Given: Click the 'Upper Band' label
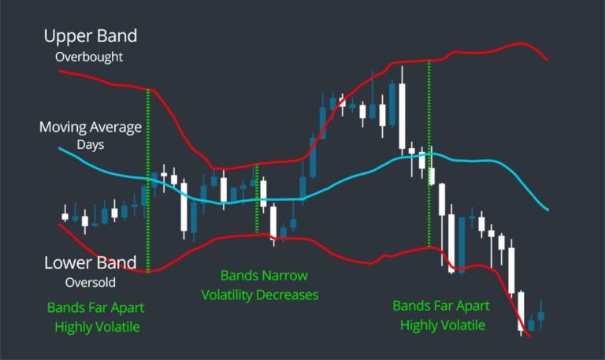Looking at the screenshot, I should tap(90, 36).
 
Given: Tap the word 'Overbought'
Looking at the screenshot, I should tap(90, 58).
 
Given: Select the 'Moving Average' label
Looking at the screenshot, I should tap(90, 127).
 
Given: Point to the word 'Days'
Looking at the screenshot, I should tap(90, 145).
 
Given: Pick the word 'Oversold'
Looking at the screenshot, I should tap(91, 282).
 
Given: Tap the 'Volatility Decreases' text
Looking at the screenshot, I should tap(260, 295).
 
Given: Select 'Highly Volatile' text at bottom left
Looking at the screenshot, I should tap(95, 325).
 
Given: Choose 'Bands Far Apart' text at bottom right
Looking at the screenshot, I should tap(441, 306).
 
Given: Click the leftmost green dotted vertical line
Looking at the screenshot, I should tap(148, 181).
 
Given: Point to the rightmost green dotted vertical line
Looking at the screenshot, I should tap(429, 154).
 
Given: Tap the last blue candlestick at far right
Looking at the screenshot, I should tap(541, 317).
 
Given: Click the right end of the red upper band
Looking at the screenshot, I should tap(547, 59).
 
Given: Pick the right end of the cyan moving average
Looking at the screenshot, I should tap(547, 210).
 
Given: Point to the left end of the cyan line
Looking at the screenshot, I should tap(60, 147).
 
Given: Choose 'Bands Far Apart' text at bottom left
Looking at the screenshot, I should tap(95, 306).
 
